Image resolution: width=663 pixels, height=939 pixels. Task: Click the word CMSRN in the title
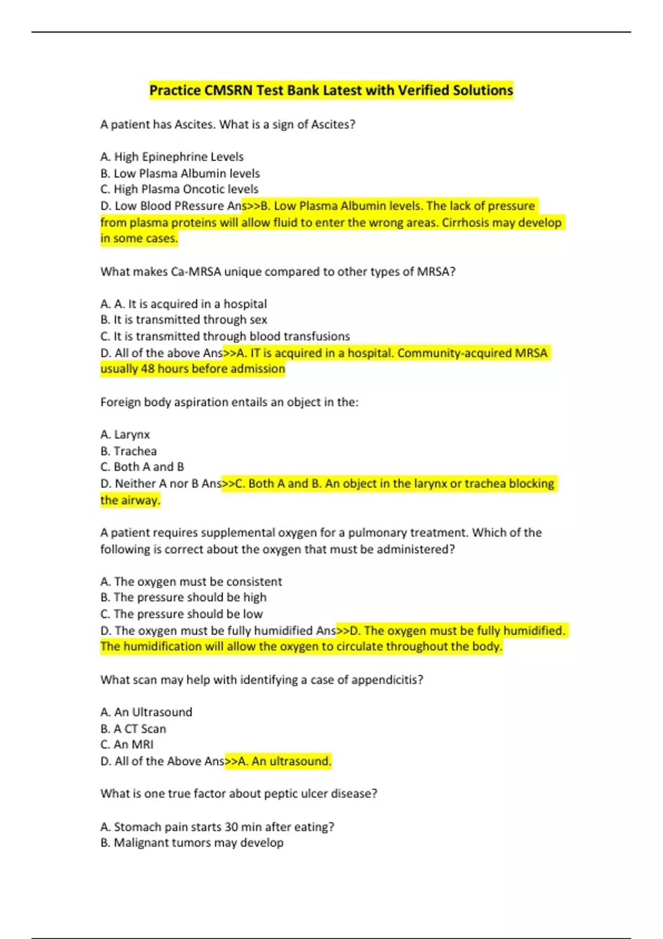click(x=228, y=90)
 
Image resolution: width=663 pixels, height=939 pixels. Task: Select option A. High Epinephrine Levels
click(x=172, y=157)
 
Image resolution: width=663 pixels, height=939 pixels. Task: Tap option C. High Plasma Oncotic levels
click(x=179, y=189)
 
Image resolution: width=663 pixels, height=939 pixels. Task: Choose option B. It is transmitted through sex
click(x=183, y=320)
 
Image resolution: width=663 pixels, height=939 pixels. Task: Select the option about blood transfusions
click(x=225, y=336)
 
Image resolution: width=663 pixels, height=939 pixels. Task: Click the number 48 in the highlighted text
click(x=148, y=369)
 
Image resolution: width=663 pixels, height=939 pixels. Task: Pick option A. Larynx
click(x=125, y=435)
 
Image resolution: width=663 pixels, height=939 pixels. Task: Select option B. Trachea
click(x=128, y=451)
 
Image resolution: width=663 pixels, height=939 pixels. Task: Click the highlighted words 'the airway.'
click(x=130, y=500)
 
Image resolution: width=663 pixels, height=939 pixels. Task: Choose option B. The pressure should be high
click(x=183, y=598)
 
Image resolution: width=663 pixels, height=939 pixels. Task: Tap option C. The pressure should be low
click(x=181, y=614)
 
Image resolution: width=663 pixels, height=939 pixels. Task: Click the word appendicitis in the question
click(x=386, y=680)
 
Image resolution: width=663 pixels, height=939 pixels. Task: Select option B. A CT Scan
click(x=133, y=729)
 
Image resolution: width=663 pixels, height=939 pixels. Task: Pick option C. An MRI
click(x=127, y=745)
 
